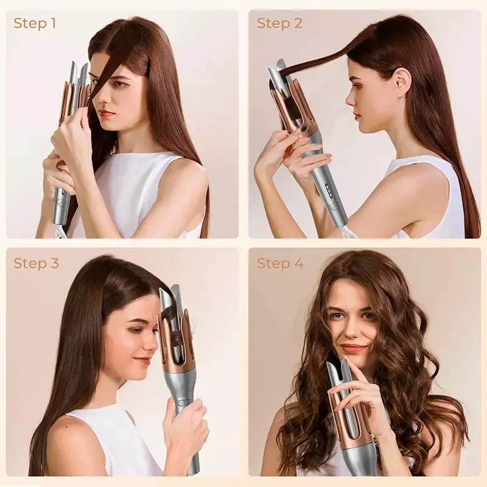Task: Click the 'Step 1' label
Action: [x=35, y=24]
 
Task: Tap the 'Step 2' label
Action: [x=279, y=24]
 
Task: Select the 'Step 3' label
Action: [x=36, y=264]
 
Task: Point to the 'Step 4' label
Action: [x=280, y=264]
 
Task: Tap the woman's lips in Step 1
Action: [x=107, y=113]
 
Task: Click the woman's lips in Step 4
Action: [x=354, y=348]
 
